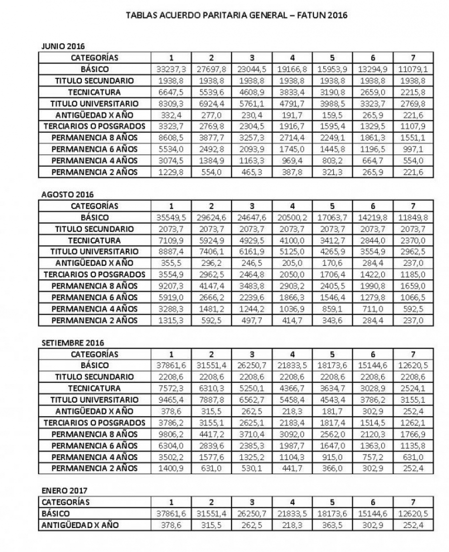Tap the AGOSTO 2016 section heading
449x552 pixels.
[60, 194]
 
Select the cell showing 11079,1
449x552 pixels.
[413, 69]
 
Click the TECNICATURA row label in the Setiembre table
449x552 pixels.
[94, 388]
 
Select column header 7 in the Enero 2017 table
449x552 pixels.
[413, 502]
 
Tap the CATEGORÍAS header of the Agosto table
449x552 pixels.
[94, 206]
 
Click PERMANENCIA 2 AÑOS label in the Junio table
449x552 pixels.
[94, 172]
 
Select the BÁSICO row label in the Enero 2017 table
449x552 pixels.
[56, 514]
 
